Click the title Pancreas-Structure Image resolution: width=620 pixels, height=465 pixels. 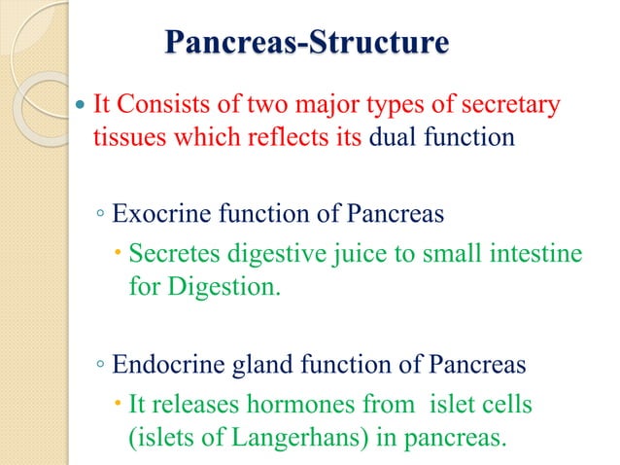(307, 44)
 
